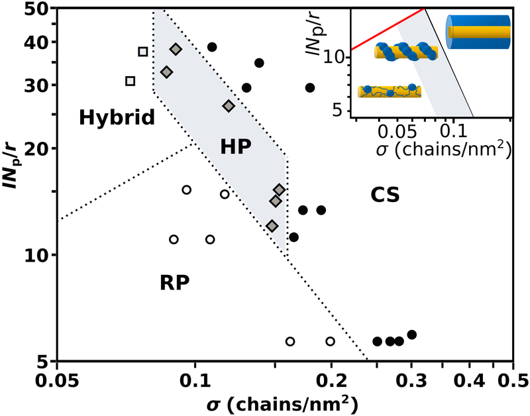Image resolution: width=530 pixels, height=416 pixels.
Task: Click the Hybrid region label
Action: coord(117,118)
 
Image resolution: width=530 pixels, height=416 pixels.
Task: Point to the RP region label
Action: coord(175,283)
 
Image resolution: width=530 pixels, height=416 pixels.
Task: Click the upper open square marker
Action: coord(142,52)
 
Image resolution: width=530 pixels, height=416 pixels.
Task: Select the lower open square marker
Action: coord(131,81)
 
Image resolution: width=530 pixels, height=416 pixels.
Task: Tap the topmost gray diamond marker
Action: coord(176,49)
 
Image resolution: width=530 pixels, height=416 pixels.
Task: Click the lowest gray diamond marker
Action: coord(272,226)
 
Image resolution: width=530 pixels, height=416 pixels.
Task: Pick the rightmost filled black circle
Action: coord(411,335)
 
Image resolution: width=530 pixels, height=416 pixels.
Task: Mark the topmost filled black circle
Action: coord(212,47)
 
